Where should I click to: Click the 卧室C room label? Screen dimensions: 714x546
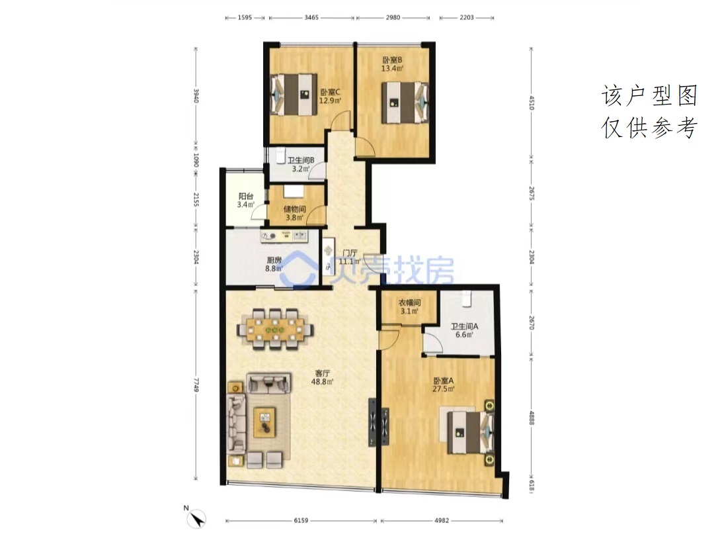(330, 91)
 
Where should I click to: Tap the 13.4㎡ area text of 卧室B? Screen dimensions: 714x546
(392, 69)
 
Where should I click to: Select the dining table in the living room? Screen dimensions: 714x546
(275, 329)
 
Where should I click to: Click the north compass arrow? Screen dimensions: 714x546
(197, 519)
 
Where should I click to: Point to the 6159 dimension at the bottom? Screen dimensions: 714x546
(301, 520)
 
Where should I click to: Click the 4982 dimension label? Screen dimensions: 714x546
(442, 520)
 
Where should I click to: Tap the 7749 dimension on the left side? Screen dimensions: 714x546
(196, 385)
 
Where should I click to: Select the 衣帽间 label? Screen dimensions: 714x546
(409, 302)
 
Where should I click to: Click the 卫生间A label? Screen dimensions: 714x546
(465, 326)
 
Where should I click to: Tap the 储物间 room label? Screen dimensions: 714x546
(295, 209)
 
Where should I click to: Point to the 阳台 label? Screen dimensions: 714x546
(246, 197)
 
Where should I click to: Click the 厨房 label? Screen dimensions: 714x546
(274, 260)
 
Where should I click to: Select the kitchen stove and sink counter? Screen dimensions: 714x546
(284, 236)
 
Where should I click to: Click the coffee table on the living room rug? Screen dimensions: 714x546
(265, 422)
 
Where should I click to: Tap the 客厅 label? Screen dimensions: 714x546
(323, 373)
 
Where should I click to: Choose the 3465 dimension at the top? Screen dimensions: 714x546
(311, 17)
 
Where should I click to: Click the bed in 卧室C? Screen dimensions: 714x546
(294, 95)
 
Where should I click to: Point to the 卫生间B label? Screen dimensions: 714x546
(301, 160)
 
